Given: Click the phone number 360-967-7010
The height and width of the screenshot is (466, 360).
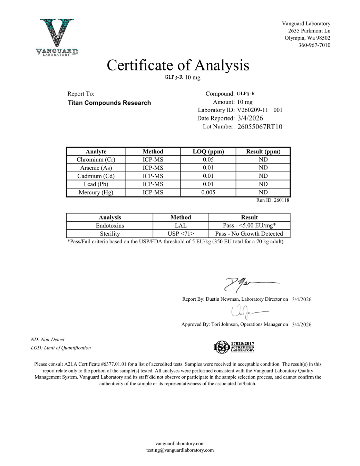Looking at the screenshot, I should point(314,45).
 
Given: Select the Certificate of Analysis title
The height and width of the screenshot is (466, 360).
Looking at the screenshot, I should point(178,65).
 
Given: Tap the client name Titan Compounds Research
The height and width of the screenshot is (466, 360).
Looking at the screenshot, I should point(109,103).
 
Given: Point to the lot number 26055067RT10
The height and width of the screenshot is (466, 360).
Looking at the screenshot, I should point(260,127).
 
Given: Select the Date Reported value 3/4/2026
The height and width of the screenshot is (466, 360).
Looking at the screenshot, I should point(250,118).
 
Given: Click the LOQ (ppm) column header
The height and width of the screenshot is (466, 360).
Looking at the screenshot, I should point(208,152).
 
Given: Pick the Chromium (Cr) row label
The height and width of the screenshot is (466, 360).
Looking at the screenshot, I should point(96,160).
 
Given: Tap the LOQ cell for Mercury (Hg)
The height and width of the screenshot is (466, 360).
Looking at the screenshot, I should point(208,193).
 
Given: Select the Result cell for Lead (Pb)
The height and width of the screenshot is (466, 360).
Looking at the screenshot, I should point(263,184).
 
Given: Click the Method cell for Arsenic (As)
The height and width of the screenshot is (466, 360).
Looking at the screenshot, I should point(153,168).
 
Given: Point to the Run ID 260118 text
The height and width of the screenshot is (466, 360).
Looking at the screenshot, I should point(273,200).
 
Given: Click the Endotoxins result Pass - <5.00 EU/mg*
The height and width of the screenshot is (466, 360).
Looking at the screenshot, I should point(249,226).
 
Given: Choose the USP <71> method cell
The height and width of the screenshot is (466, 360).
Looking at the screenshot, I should point(181,234).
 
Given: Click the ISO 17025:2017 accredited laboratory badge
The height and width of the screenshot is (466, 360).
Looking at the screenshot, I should point(234,347).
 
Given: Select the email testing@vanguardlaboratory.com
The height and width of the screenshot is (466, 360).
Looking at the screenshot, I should point(180,450).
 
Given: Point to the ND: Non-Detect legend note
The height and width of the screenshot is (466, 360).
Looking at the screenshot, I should point(48,340).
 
